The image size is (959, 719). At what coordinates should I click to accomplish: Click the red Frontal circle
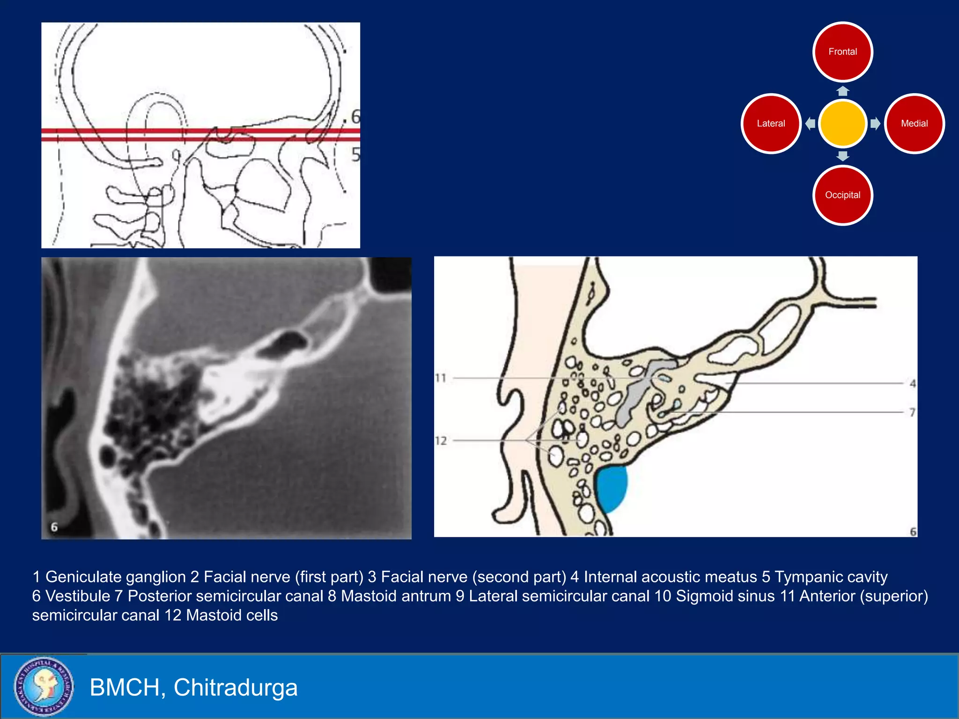[x=842, y=52]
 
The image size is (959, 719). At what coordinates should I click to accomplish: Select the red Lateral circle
[x=771, y=124]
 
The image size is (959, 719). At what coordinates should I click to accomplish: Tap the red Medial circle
[x=914, y=124]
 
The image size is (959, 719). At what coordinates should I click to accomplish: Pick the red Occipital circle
[x=842, y=195]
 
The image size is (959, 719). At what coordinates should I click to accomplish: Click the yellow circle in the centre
[x=842, y=124]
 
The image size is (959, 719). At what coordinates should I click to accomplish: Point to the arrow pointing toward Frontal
[x=842, y=91]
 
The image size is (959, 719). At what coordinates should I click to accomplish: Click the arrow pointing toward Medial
[x=875, y=124]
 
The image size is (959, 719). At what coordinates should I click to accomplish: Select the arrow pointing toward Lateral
[x=810, y=124]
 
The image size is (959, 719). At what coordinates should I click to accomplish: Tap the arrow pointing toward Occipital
[x=842, y=156]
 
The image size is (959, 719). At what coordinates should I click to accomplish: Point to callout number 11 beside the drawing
[x=441, y=378]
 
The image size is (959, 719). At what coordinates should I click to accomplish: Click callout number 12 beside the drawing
[x=441, y=440]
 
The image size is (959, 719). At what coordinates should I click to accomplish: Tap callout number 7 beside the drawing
[x=912, y=412]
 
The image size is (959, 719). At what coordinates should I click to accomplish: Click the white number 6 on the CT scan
[x=54, y=527]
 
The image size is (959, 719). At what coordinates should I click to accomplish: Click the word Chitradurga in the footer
[x=236, y=687]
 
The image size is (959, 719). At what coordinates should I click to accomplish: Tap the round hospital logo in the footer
[x=44, y=687]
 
